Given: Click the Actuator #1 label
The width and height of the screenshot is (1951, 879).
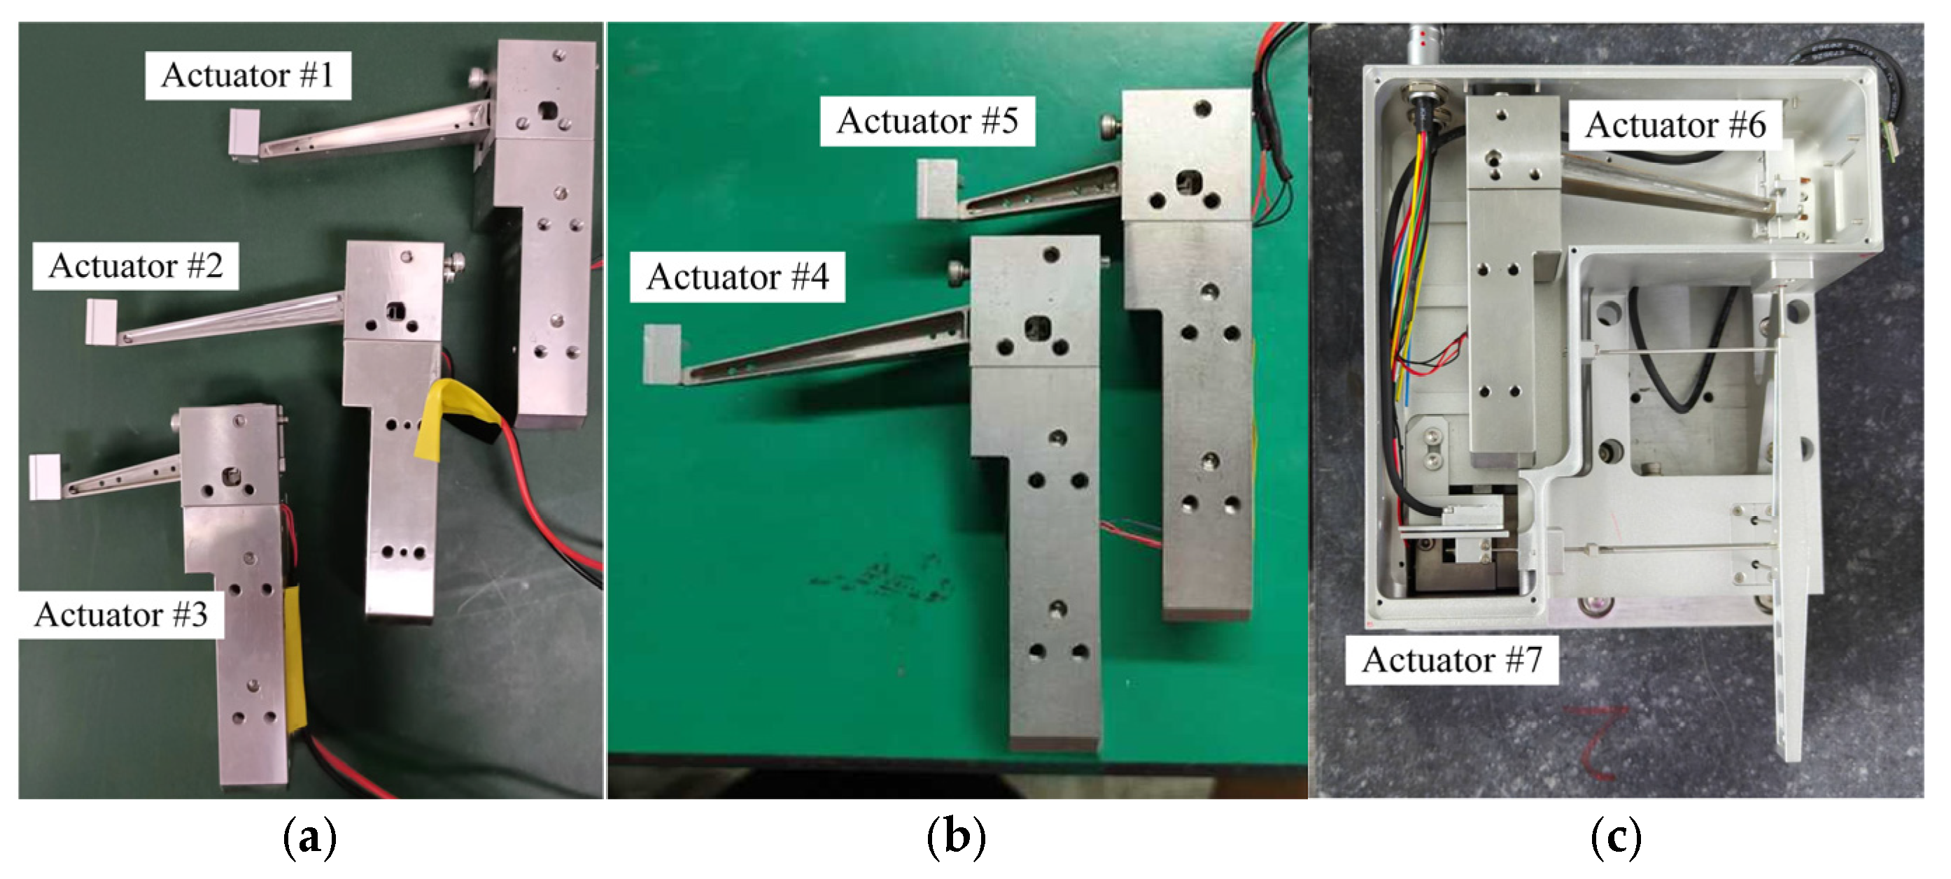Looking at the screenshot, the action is [x=248, y=75].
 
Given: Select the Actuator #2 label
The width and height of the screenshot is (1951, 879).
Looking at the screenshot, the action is [x=136, y=266].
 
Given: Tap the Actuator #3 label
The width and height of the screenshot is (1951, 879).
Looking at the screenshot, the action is [x=121, y=614].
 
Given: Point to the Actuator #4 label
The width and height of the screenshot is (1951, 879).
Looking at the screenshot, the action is [x=738, y=276].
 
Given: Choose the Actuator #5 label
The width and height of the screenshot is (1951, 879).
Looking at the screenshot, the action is [x=927, y=120].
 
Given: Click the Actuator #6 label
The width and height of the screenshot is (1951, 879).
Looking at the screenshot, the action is [x=1675, y=125].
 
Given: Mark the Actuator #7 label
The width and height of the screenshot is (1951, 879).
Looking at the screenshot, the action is [x=1451, y=660].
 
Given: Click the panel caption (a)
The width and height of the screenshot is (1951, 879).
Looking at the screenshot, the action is [x=309, y=837].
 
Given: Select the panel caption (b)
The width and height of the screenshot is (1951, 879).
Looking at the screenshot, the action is [x=957, y=837].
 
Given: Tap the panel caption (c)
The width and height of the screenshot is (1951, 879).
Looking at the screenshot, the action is [x=1616, y=837].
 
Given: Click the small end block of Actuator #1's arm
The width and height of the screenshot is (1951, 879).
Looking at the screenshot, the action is [x=244, y=135].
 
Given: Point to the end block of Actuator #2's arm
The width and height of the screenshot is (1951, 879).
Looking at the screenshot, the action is [x=101, y=321].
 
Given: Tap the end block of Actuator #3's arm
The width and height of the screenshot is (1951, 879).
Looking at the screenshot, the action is [x=45, y=476].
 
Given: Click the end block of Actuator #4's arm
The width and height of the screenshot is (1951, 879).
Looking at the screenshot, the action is [x=662, y=354].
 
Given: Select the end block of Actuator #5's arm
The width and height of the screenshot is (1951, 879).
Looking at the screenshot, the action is [x=937, y=189].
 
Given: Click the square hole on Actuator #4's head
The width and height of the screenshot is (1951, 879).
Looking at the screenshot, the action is [x=1036, y=329].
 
